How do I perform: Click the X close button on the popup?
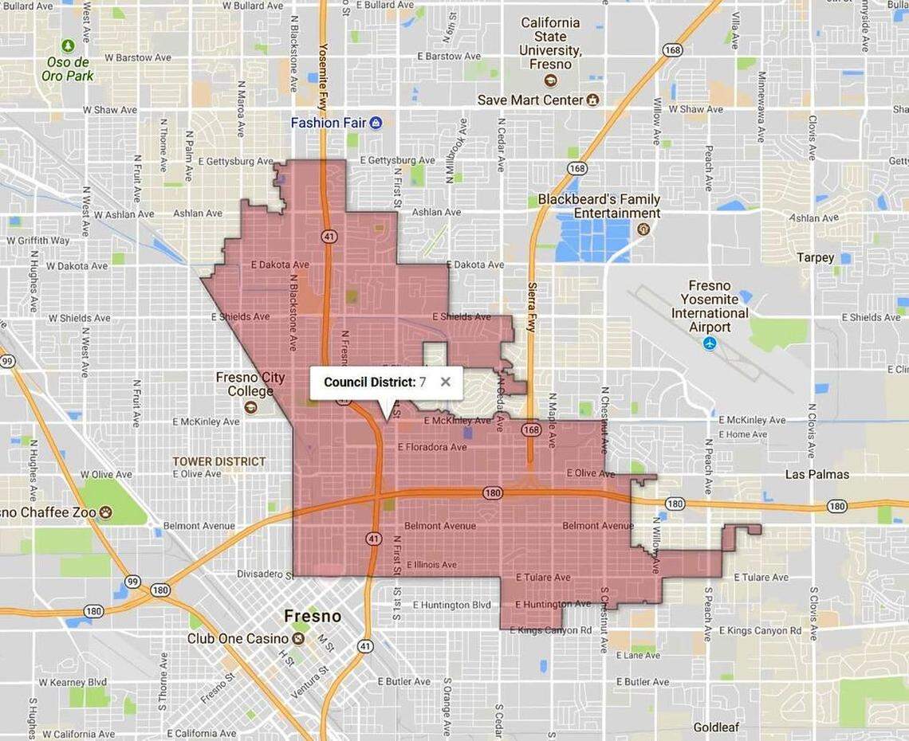tap(446, 382)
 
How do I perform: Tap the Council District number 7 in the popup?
tap(423, 382)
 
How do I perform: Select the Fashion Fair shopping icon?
tap(376, 123)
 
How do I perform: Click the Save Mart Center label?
tap(530, 100)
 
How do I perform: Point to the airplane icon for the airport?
tap(710, 344)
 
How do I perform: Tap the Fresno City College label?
tap(250, 384)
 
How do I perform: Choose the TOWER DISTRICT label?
tap(219, 461)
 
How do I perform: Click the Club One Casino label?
tap(238, 638)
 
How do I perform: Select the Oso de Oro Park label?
tap(68, 69)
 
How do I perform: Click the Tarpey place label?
tap(815, 258)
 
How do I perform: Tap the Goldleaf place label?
tap(715, 727)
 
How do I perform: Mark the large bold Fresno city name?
tap(313, 616)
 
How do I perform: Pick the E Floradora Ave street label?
tap(432, 447)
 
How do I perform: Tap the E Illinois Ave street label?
tap(431, 565)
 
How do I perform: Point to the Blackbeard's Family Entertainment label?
tap(598, 206)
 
